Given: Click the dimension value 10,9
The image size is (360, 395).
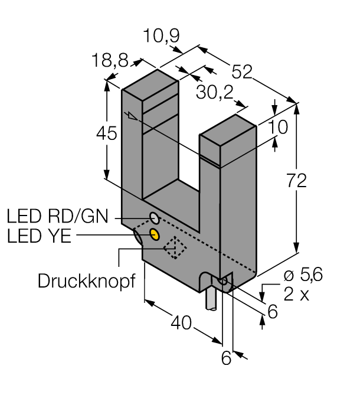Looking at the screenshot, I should pos(162,36).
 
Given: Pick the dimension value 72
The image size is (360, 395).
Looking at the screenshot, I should pos(293,181).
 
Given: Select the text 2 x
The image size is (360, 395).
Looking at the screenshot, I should pos(296,293).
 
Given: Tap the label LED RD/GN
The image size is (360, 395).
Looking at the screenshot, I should pos(58,216).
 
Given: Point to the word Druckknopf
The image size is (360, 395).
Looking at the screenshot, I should pos(87,280).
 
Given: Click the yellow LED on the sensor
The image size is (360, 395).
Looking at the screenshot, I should pos(155,234).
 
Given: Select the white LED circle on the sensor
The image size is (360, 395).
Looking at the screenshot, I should pos(153,217).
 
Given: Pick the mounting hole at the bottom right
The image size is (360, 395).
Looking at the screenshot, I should pos(224,284).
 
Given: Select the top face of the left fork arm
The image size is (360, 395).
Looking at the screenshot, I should pos(150,81).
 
